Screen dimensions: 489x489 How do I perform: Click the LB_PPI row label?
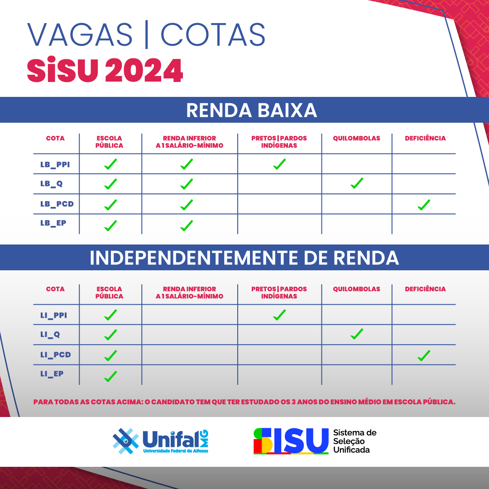(55, 164)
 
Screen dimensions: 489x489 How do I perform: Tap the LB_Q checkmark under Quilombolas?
(357, 183)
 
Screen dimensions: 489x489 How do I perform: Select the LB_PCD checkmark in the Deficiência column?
(424, 205)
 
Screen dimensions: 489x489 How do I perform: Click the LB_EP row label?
(53, 223)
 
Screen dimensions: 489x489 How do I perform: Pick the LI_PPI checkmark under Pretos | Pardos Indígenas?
(279, 315)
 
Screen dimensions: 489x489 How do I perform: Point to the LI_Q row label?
(50, 335)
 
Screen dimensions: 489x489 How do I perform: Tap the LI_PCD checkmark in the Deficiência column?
(424, 355)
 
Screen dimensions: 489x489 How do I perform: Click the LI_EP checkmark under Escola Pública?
(110, 376)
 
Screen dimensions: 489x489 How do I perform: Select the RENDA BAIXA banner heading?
(251, 110)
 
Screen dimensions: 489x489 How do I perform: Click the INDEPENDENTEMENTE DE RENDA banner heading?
(244, 258)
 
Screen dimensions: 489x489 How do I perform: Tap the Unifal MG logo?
(160, 441)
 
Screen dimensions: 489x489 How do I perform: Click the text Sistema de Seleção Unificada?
(355, 441)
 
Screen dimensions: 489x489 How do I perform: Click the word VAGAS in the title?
(80, 34)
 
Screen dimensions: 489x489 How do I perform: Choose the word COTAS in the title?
(213, 34)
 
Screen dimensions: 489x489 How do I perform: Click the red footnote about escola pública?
(244, 402)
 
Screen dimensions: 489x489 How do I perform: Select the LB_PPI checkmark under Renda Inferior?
(187, 164)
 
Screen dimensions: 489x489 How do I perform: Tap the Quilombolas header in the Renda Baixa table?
(356, 138)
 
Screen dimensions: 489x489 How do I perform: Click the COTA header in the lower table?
(55, 289)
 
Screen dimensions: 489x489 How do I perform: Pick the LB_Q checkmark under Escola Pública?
(110, 184)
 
